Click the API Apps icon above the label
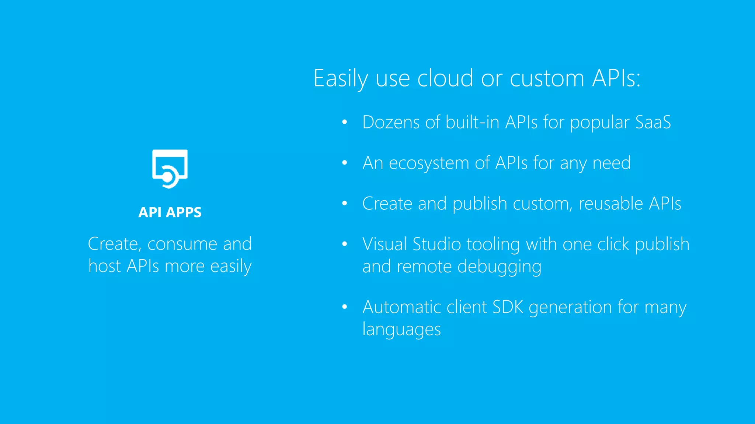point(170,169)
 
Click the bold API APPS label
point(170,212)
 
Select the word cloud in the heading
point(445,78)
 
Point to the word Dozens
point(391,122)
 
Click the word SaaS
point(653,122)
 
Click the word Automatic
point(401,307)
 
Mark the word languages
point(401,329)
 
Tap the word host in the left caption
point(105,266)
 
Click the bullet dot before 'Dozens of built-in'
point(345,122)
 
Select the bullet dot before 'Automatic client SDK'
point(345,307)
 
